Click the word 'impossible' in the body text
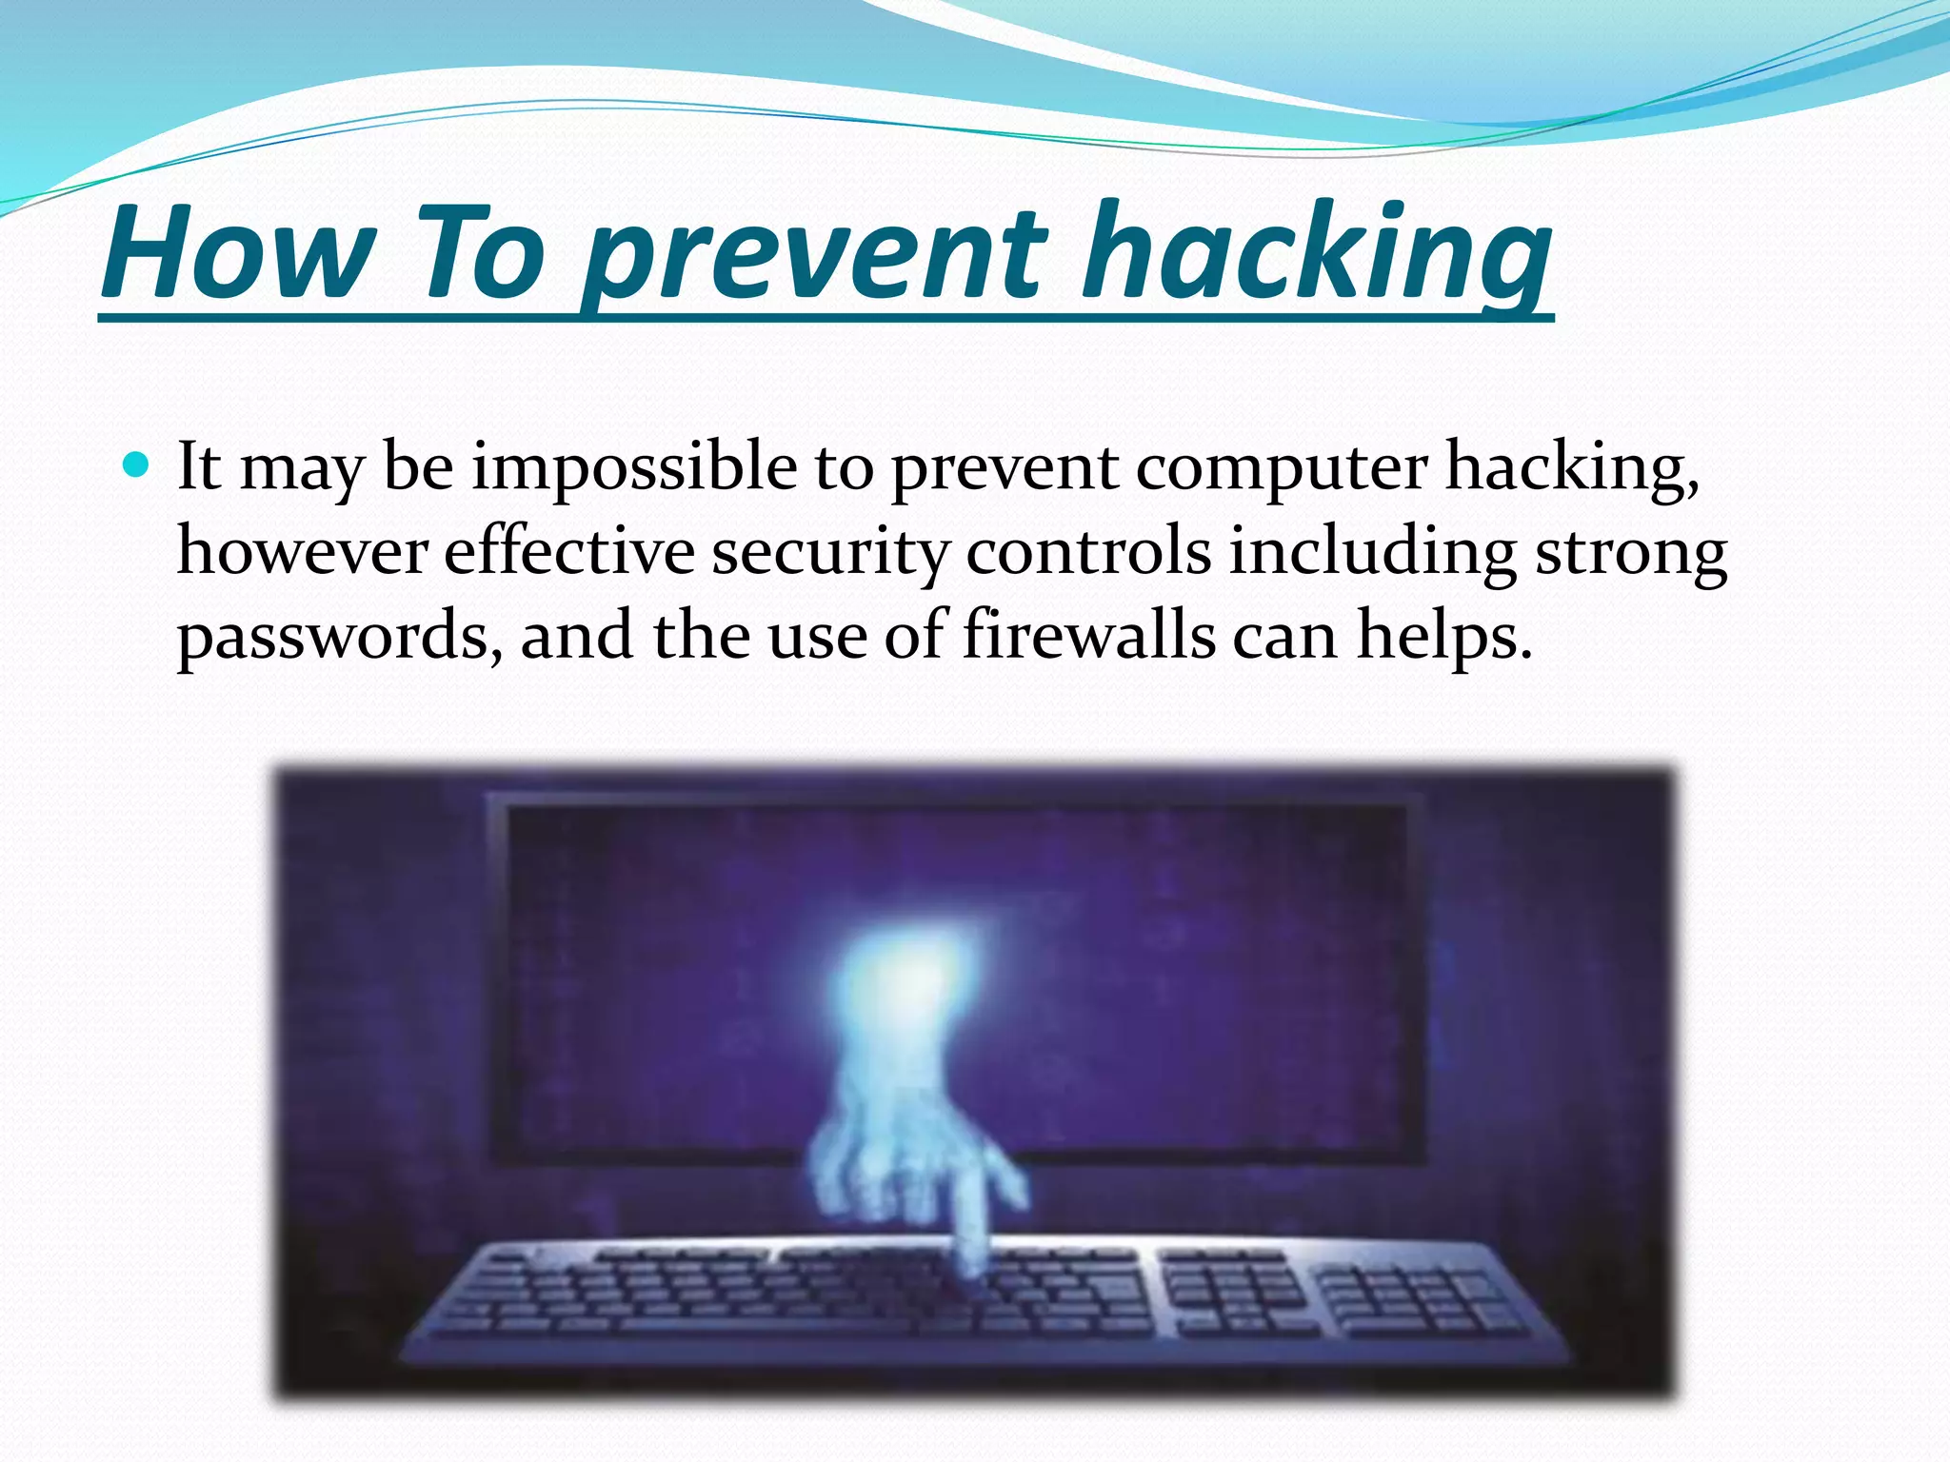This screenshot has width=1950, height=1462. pyautogui.click(x=634, y=468)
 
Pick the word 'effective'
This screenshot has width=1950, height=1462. pyautogui.click(x=568, y=551)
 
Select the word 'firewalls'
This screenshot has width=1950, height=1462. pyautogui.click(x=1088, y=635)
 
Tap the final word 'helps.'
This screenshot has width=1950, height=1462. pyautogui.click(x=1444, y=637)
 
